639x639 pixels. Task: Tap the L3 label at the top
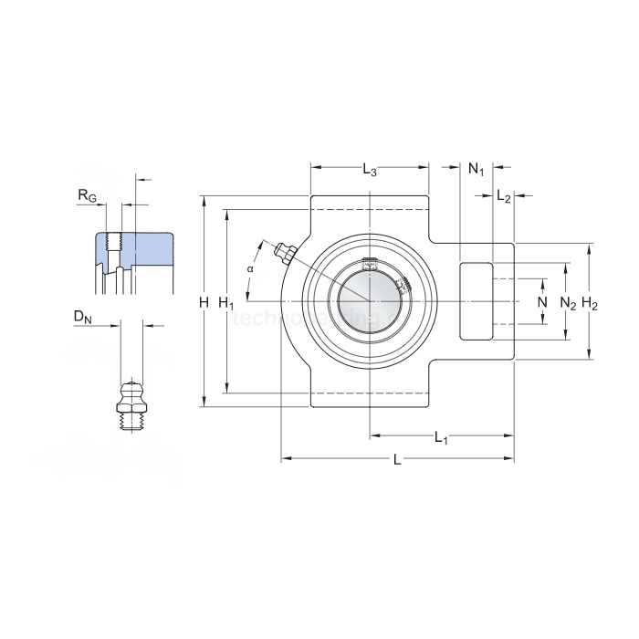click(369, 169)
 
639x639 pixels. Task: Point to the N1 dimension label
click(476, 169)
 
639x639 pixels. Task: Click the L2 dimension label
click(504, 196)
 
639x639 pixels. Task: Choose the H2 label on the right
click(590, 303)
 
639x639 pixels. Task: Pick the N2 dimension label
click(568, 302)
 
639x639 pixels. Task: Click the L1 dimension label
click(441, 437)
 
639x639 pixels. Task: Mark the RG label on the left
click(88, 196)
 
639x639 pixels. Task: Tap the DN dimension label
click(83, 317)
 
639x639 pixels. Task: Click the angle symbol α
click(250, 268)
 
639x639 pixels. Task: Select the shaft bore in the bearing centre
click(369, 301)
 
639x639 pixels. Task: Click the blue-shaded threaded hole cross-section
click(133, 251)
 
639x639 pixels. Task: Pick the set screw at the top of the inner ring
click(370, 265)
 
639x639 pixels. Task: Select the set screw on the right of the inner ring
click(403, 287)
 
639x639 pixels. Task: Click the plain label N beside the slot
click(542, 302)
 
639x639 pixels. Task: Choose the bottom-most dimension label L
click(396, 460)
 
